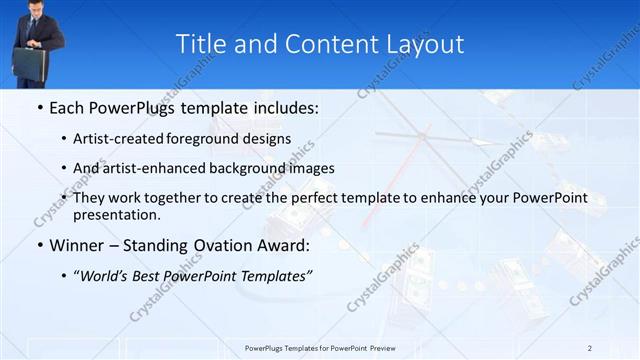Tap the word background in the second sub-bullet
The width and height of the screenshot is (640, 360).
[256, 168]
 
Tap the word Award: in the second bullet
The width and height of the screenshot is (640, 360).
[282, 244]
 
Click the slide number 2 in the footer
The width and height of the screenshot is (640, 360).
[590, 347]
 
